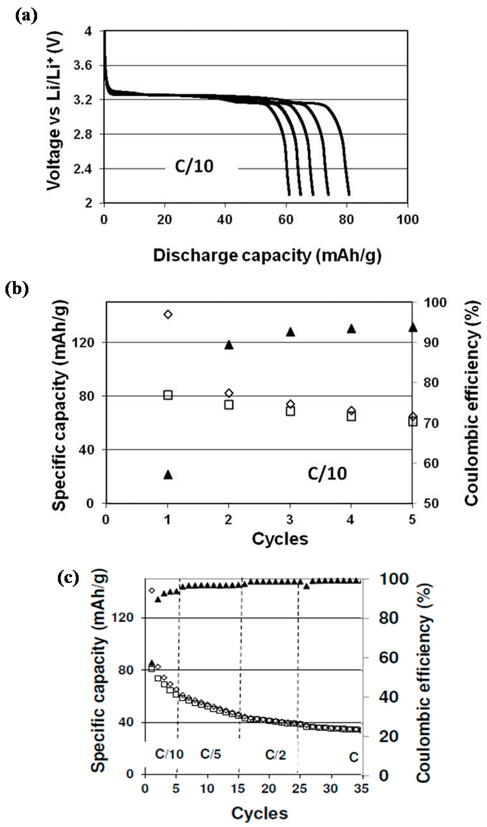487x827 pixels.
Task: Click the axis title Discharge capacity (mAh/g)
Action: point(267,256)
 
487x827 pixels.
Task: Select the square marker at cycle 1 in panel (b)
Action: point(168,395)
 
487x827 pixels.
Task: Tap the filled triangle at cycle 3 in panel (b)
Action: point(290,332)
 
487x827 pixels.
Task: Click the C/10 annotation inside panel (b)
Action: point(327,474)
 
